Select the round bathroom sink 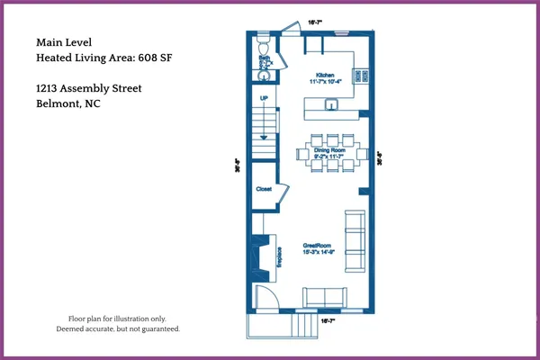click(264, 74)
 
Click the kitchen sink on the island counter click(330, 103)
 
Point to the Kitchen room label click(325, 75)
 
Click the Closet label click(264, 190)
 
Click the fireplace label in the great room click(279, 256)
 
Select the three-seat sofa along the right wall click(355, 240)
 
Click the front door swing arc click(265, 296)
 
